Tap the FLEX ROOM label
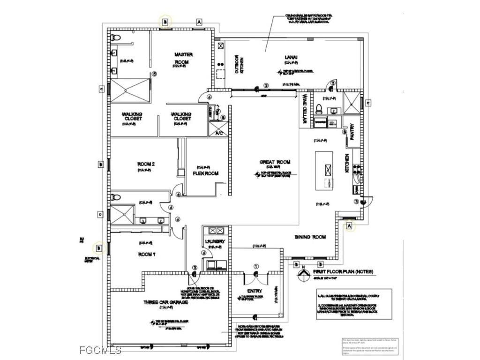click(206, 173)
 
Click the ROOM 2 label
click(146, 164)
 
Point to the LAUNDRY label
click(215, 241)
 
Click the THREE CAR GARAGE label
click(165, 303)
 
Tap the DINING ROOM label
click(310, 237)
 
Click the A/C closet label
click(218, 134)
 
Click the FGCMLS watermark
click(100, 350)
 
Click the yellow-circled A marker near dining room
click(349, 226)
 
